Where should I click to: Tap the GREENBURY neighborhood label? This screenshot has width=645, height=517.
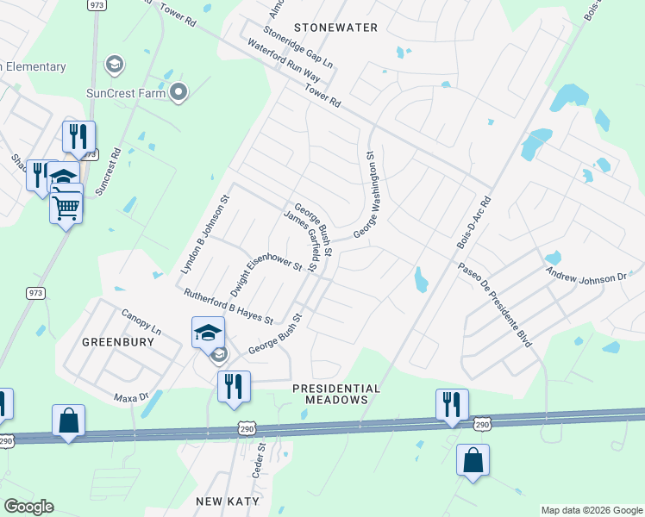click(118, 342)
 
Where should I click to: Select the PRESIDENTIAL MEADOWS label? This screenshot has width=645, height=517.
click(336, 394)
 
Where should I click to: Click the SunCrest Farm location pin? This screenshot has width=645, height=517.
click(178, 91)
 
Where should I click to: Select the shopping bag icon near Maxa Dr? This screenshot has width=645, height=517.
click(68, 420)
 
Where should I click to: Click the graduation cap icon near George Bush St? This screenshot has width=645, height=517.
click(208, 332)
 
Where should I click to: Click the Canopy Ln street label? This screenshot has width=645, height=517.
click(141, 323)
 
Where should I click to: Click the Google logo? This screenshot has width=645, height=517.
click(28, 507)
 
